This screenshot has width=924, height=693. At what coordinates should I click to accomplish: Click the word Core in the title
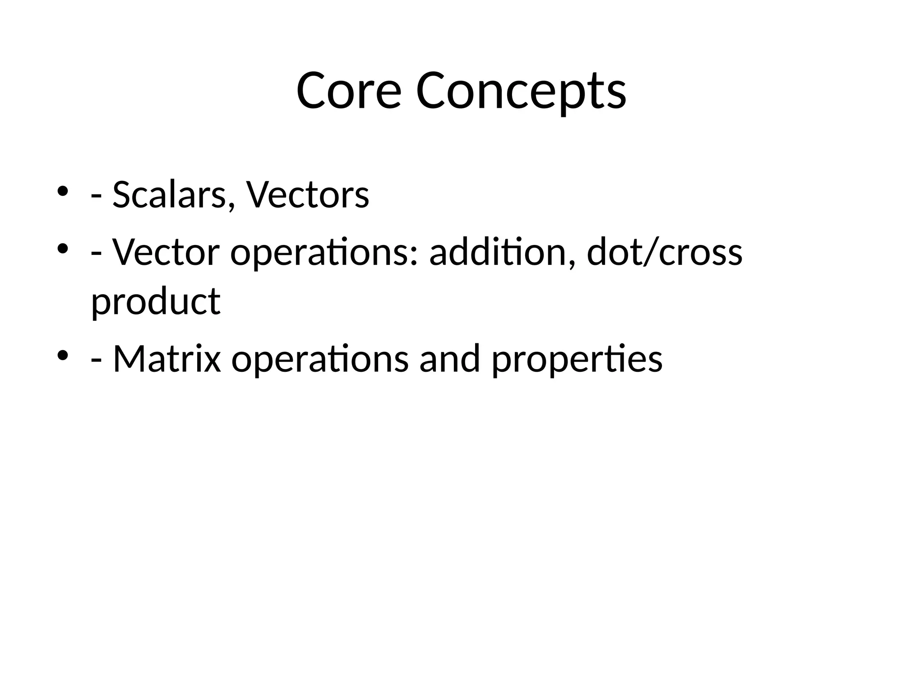coord(348,91)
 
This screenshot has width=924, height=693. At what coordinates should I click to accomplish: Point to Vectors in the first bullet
coord(308,195)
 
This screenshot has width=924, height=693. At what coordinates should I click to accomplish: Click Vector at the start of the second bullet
coord(166,252)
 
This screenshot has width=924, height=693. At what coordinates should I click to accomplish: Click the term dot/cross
coord(664,252)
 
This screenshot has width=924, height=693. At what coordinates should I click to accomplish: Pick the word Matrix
coord(167,359)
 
